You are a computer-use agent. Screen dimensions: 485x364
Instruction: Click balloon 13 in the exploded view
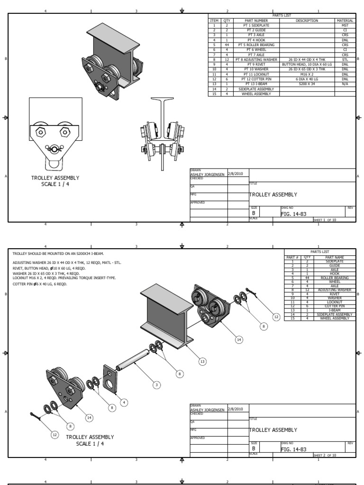pos(202,361)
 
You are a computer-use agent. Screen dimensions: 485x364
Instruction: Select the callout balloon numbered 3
pos(157,385)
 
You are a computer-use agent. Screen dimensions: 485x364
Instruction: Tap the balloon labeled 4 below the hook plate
pos(124,402)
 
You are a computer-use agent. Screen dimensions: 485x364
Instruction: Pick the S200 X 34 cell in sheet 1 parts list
pos(307,84)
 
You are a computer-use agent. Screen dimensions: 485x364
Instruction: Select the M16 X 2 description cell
pos(307,74)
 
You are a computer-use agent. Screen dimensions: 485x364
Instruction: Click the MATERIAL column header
pos(345,21)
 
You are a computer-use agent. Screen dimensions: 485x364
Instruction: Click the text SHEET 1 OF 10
pos(325,220)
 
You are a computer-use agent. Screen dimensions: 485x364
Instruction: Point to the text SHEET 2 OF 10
pos(325,455)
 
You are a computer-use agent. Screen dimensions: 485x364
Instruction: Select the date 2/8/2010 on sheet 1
pos(235,174)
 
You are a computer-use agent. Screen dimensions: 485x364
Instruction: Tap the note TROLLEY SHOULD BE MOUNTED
pos(58,253)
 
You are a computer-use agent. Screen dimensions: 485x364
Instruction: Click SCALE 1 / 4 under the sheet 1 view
pos(55,184)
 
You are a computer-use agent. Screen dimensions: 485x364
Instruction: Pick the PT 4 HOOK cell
pos(256,40)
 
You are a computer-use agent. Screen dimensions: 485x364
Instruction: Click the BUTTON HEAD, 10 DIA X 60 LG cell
pos(307,64)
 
